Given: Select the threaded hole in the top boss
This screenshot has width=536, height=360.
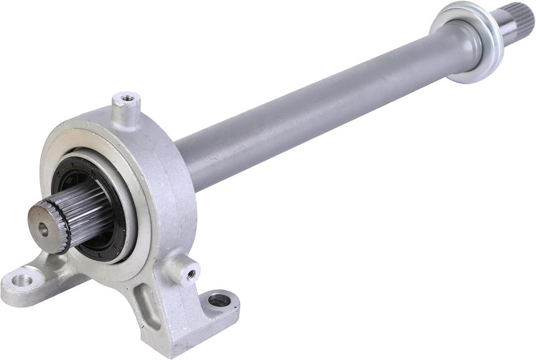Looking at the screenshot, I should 128,98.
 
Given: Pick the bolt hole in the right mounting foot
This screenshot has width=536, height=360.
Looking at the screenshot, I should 219,300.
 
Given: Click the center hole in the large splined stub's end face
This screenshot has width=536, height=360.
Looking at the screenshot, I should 44,229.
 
